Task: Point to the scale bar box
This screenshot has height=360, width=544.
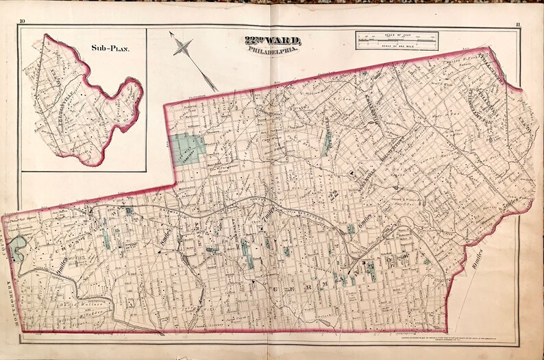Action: (397, 42)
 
